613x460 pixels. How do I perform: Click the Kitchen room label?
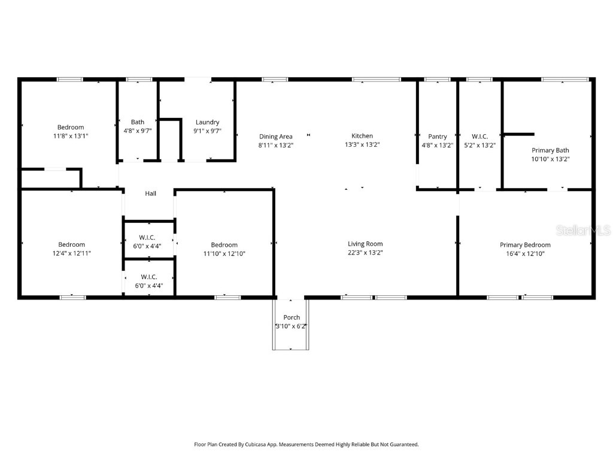point(362,136)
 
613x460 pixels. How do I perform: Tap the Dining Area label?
point(275,136)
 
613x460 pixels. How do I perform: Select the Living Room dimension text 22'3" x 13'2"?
point(365,253)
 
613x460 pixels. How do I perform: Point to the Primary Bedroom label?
point(525,244)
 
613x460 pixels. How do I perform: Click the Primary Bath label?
point(550,150)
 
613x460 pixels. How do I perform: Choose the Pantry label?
point(437,136)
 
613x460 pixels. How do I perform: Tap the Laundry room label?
point(207,122)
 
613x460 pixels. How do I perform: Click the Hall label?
point(150,193)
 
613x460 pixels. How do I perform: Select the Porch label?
point(292,317)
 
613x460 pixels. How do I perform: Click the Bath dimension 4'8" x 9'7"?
point(138,131)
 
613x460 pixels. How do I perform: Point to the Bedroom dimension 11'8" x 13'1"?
point(70,135)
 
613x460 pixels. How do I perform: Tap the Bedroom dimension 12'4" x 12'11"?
point(71,253)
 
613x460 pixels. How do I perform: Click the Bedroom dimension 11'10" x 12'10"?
point(224,253)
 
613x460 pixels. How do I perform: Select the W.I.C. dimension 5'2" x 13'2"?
point(480,145)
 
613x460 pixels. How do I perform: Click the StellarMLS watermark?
point(583,231)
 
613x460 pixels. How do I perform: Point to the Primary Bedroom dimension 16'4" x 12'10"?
point(525,253)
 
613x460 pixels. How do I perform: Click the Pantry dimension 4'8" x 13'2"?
point(437,145)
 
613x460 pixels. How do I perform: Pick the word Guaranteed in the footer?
point(403,444)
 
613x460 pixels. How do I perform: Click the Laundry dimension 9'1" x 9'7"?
point(207,131)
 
